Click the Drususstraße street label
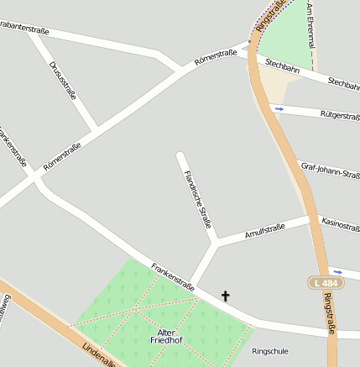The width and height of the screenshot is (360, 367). pyautogui.click(x=62, y=80)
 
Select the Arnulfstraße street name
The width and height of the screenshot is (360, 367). pyautogui.click(x=265, y=229)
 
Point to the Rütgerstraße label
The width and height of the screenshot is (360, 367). pyautogui.click(x=339, y=114)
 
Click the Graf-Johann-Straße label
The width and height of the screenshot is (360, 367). pyautogui.click(x=330, y=170)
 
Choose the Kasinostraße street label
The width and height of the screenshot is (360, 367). pyautogui.click(x=340, y=224)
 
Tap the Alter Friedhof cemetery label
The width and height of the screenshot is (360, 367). pyautogui.click(x=167, y=336)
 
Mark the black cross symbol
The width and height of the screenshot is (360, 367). pyautogui.click(x=225, y=296)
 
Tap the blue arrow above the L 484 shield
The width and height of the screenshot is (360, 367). pyautogui.click(x=337, y=271)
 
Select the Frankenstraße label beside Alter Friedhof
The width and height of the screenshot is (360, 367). pyautogui.click(x=173, y=276)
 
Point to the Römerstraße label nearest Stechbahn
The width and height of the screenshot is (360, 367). pyautogui.click(x=215, y=57)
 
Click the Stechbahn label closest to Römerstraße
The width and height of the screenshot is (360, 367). pyautogui.click(x=282, y=66)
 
